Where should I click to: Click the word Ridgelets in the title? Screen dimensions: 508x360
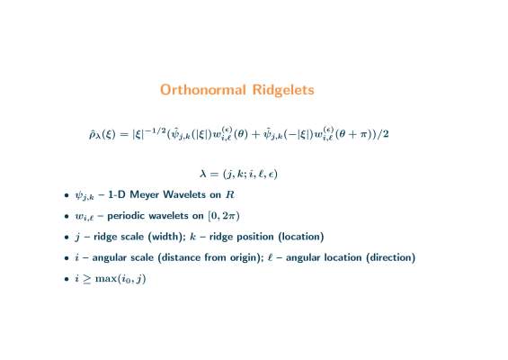coord(283,90)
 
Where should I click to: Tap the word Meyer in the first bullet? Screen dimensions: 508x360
coord(145,195)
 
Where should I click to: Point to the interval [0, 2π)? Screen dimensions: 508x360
coord(224,216)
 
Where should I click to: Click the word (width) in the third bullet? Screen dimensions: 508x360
coord(166,237)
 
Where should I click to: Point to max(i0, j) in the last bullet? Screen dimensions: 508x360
coord(120,279)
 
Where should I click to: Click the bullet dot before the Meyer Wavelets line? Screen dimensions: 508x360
coord(67,195)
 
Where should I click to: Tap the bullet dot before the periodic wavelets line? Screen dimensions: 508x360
coord(67,216)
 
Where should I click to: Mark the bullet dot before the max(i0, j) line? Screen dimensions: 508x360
coord(67,279)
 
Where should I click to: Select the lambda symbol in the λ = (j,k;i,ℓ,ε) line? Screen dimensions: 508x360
coord(203,174)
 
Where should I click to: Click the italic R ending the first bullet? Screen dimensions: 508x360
coord(229,194)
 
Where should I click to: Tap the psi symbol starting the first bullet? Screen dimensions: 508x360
coord(79,195)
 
